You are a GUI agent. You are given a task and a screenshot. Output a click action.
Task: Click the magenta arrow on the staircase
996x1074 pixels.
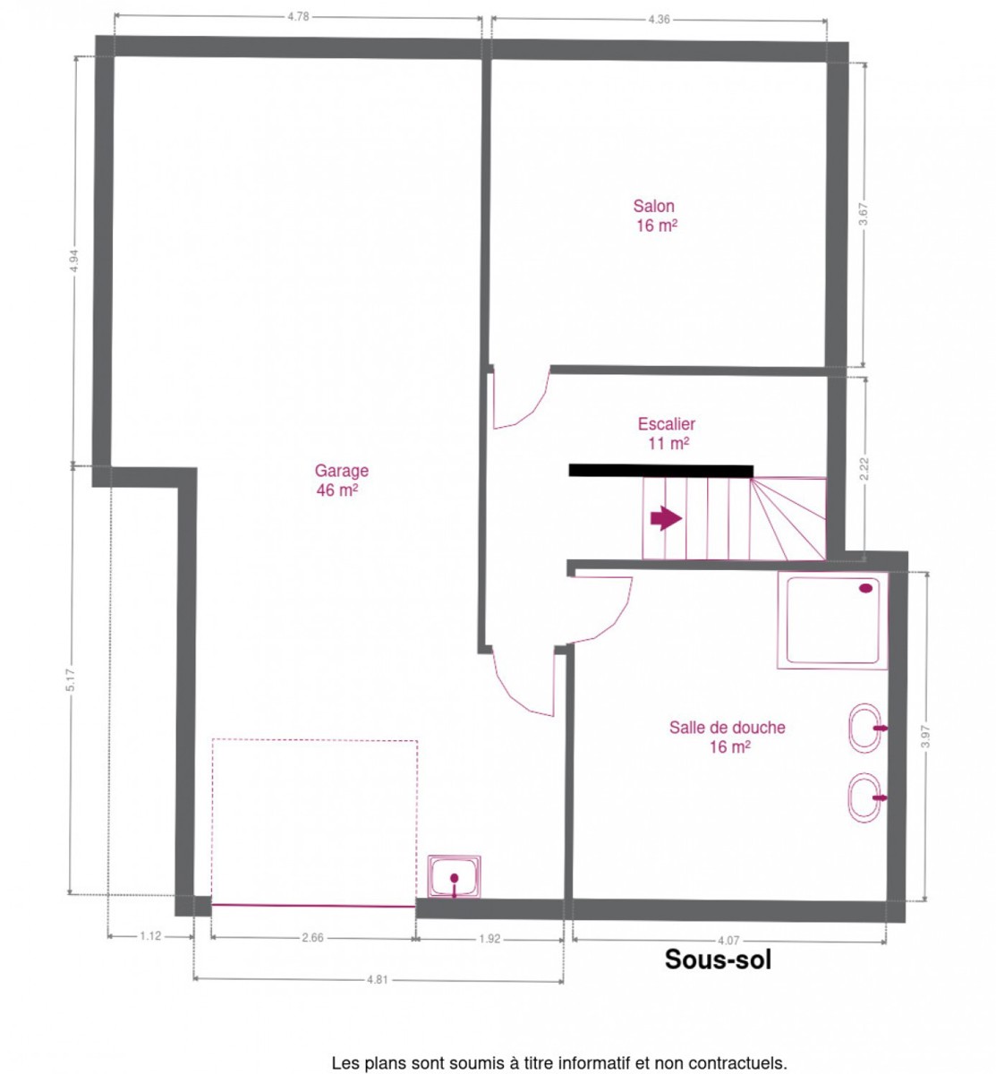666,518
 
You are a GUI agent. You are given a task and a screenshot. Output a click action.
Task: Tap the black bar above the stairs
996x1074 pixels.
660,470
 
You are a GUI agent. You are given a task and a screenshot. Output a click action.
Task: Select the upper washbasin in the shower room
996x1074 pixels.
866,728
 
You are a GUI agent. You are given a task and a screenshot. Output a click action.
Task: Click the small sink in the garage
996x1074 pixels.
454,876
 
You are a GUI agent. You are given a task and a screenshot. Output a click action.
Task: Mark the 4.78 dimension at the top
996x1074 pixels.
298,17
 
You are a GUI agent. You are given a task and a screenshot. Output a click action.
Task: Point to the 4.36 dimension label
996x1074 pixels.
659,20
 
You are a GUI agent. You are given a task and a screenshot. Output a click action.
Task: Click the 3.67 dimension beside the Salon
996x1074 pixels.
864,214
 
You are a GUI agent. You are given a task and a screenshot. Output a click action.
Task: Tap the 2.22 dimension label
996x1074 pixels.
864,468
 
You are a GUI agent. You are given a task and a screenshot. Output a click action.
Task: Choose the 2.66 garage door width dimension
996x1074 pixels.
312,938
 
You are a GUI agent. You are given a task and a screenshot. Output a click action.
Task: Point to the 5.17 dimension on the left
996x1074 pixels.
71,680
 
